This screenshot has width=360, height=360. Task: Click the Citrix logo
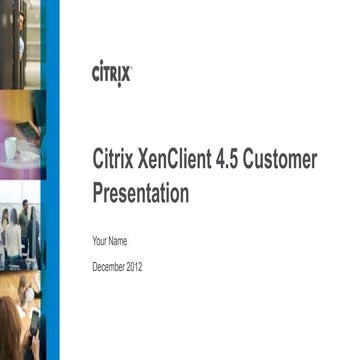(111, 73)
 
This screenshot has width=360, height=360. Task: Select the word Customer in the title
(282, 161)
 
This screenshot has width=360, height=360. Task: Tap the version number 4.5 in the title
(231, 161)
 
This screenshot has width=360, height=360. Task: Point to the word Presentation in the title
(140, 194)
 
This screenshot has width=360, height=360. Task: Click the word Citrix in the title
(113, 161)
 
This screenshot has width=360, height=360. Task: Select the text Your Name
(110, 242)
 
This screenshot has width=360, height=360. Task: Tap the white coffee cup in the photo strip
(11, 147)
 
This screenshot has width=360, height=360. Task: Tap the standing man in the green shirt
(14, 236)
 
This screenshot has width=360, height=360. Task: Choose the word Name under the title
(119, 242)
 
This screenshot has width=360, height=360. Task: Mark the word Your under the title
(100, 242)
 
